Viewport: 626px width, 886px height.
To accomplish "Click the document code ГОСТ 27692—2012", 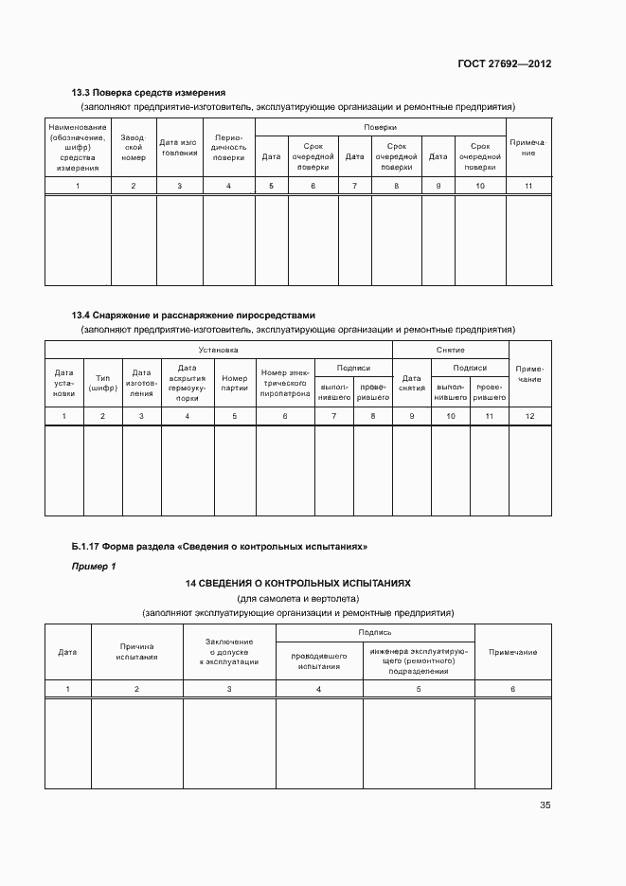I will [504, 64].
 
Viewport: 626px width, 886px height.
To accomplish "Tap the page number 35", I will [545, 805].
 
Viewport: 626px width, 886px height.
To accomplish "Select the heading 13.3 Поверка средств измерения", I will [149, 93].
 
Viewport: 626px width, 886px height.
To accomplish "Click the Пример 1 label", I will [94, 566].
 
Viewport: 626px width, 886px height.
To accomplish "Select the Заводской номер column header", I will [134, 147].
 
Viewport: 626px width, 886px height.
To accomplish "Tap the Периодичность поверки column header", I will [229, 147].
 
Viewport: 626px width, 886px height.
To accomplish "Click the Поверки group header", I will [380, 127].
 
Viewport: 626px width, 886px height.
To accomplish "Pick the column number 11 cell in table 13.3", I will [528, 186].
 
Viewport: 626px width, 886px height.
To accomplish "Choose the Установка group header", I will [219, 350].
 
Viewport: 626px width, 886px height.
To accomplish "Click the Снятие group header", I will [450, 350].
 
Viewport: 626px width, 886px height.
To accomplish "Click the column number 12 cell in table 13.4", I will [529, 416].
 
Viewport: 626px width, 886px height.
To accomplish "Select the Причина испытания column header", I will [136, 651].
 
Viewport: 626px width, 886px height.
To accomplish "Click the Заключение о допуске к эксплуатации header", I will [229, 651].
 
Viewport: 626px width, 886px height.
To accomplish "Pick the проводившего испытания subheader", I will [318, 660].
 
